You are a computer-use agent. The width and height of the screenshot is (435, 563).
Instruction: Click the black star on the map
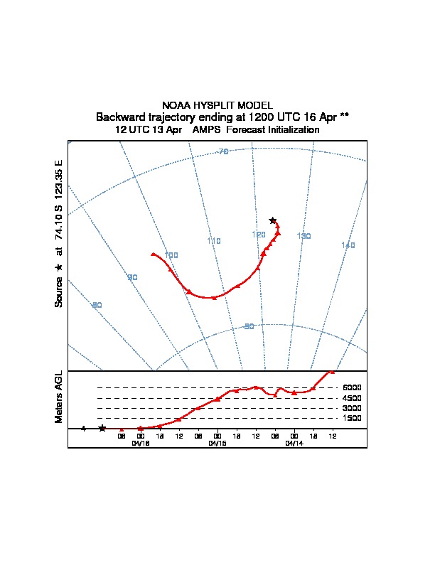272,220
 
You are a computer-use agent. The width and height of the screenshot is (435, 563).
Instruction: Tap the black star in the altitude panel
102,428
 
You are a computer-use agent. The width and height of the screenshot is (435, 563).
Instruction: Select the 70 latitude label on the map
223,152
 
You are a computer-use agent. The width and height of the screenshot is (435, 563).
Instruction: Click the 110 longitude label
214,241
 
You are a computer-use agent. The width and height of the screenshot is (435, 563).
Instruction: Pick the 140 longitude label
348,245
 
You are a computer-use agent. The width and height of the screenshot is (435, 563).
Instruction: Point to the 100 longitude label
171,255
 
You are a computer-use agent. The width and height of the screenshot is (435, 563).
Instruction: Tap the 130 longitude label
304,236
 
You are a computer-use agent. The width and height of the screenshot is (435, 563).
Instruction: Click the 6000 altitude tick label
353,387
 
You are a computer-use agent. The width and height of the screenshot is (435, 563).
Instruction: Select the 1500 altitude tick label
353,419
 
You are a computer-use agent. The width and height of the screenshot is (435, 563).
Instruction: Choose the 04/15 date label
217,443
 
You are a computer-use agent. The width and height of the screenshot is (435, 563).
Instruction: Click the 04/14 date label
294,443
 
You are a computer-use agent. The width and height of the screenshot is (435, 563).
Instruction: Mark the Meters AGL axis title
59,397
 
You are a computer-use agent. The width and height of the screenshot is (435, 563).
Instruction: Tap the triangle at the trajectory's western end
153,254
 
